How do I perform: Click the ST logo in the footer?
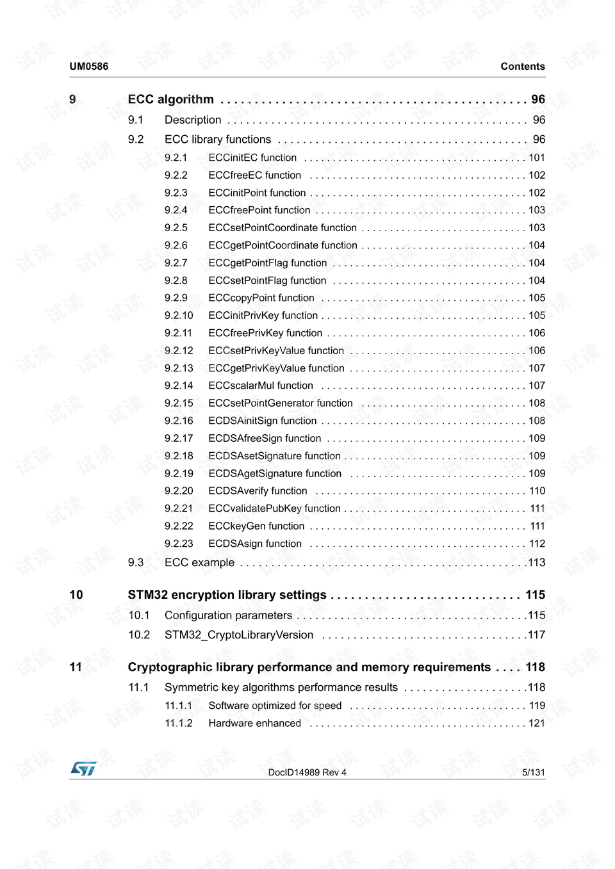coord(83,768)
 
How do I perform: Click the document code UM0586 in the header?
coord(89,67)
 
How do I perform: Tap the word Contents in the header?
coord(523,67)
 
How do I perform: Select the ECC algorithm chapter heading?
coord(171,99)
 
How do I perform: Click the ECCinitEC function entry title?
coord(252,158)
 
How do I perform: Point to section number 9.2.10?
coord(179,316)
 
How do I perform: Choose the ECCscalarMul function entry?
coord(261,386)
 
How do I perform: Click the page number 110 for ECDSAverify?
coord(537,491)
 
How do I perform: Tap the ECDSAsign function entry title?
coord(255,544)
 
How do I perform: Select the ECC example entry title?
coord(199,563)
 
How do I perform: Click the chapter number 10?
coord(76,595)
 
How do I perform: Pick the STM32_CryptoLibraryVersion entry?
coord(239,635)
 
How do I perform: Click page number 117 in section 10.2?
coord(536,635)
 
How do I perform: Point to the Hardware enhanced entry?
coord(254,724)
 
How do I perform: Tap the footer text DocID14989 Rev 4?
coord(307,772)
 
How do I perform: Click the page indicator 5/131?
coord(533,772)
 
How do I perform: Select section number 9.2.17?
coord(179,439)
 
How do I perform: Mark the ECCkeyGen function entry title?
coord(256,526)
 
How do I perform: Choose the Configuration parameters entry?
coord(228,615)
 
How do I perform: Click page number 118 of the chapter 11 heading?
coord(535,667)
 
